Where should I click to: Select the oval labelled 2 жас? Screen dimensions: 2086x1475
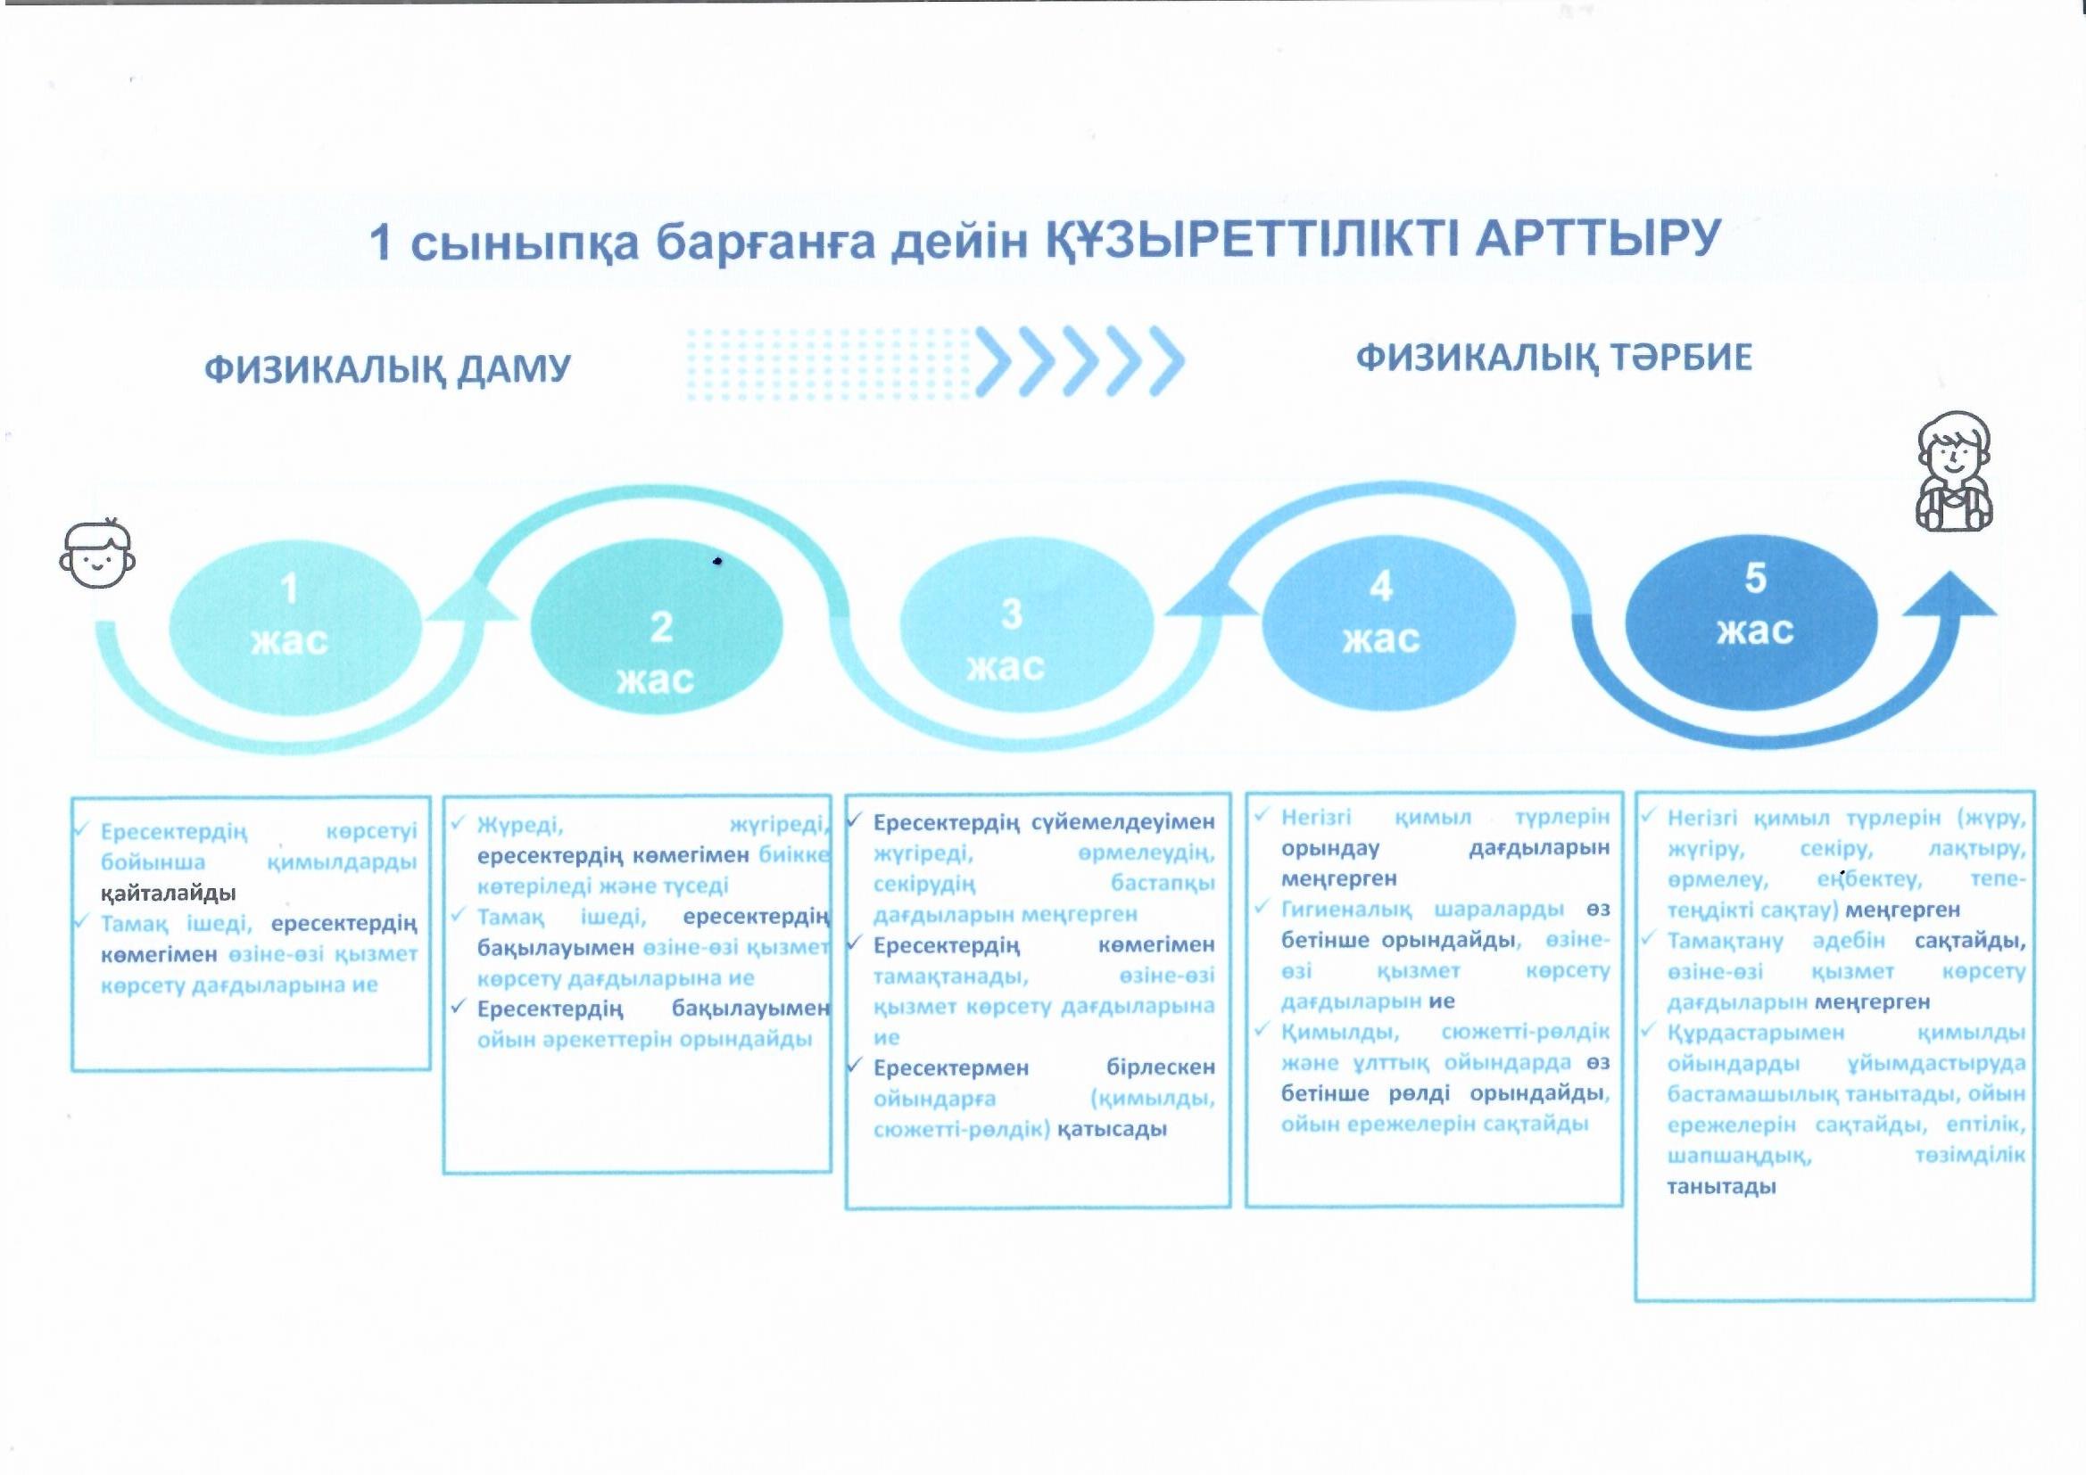point(657,627)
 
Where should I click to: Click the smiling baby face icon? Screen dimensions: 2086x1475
point(97,553)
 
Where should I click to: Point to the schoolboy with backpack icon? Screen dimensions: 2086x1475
point(1953,473)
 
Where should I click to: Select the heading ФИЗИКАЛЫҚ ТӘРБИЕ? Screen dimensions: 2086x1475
point(1553,358)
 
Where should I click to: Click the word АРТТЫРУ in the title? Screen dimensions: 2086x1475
point(1598,238)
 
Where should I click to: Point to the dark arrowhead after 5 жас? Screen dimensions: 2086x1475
point(1949,595)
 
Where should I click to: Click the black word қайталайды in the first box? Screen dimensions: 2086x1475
point(168,894)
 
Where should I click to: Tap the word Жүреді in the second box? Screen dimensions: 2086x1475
point(519,826)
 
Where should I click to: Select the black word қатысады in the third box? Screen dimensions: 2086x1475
point(1112,1130)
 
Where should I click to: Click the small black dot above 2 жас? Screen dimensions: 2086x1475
point(716,561)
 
